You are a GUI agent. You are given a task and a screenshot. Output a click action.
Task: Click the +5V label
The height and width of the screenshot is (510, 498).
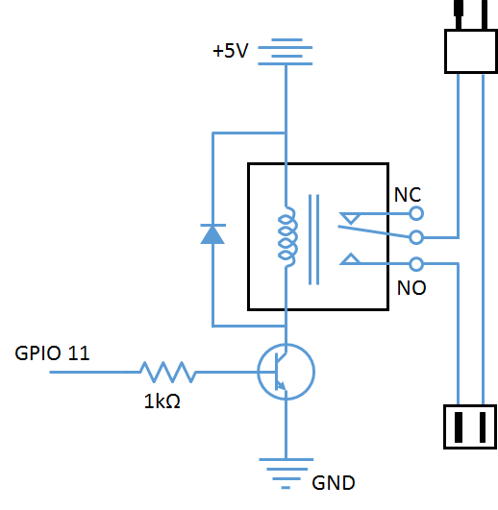231,51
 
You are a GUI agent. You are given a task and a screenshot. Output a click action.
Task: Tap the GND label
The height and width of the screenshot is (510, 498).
334,483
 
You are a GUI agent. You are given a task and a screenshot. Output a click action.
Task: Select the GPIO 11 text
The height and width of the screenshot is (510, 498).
52,352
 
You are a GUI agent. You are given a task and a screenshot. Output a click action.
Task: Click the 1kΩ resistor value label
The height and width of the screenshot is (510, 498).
162,401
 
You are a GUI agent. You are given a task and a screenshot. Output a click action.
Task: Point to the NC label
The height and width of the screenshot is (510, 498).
408,195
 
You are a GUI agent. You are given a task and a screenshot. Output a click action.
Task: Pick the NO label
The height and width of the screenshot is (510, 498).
411,288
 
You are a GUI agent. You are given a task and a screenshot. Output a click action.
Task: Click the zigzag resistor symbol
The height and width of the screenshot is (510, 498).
168,372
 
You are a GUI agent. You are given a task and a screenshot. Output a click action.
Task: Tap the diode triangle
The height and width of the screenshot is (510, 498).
212,235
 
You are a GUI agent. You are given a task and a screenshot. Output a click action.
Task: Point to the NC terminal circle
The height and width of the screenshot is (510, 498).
416,213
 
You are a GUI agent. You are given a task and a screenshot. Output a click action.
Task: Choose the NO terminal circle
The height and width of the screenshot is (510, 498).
416,264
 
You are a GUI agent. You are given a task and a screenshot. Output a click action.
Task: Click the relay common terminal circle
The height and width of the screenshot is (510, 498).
416,237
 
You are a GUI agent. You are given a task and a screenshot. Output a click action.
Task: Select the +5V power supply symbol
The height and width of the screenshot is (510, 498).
286,52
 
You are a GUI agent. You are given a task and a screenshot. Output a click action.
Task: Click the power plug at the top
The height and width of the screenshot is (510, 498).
471,51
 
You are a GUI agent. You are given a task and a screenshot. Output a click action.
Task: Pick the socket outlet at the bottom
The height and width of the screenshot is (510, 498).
470,426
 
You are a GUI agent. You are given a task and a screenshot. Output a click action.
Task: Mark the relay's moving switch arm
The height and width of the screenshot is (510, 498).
374,231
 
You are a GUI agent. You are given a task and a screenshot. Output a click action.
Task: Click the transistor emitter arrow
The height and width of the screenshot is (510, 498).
281,386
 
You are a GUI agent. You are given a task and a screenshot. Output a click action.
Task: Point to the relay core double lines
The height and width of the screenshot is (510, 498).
313,239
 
